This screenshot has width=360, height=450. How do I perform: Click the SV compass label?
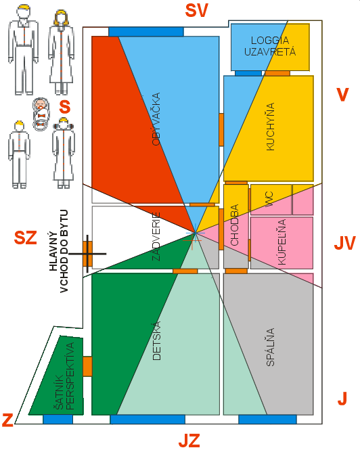point(196,11)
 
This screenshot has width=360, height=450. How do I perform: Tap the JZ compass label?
point(189,441)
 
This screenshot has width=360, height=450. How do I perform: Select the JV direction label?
point(345,243)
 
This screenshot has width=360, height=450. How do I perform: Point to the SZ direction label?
point(26,238)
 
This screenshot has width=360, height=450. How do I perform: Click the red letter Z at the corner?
point(7,420)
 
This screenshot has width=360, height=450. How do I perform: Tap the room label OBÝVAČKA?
point(156,119)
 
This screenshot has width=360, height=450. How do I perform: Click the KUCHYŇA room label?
point(271,127)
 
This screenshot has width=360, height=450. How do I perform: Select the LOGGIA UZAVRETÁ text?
point(270,46)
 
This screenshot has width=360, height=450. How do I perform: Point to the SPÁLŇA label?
point(271,347)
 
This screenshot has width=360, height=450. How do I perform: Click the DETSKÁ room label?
point(157,340)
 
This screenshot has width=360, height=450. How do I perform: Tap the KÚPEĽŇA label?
point(282,242)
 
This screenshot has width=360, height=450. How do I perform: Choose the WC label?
point(269,199)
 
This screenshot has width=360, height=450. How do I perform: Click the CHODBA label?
point(235,225)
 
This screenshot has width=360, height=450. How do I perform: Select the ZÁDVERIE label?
point(156,236)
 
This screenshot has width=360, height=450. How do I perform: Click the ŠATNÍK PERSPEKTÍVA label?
point(64,376)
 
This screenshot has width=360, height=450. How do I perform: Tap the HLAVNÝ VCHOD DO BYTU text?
point(59,251)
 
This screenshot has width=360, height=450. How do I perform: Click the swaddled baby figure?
point(41,114)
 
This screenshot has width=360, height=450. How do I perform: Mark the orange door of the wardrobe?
point(87,367)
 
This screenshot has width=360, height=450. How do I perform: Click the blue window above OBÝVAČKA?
point(146,32)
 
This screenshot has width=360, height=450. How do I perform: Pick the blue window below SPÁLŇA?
point(267,420)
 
